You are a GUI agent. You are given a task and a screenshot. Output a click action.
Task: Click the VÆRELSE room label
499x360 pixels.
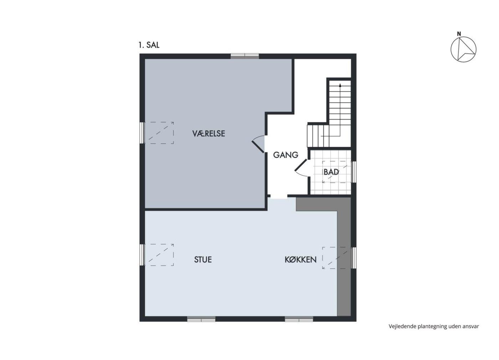pyautogui.click(x=209, y=133)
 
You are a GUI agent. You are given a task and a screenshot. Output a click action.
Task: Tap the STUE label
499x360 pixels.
pyautogui.click(x=203, y=259)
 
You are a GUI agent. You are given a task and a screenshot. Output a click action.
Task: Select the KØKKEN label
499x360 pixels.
pyautogui.click(x=300, y=259)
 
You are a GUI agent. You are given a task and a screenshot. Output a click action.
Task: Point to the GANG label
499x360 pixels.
pyautogui.click(x=285, y=155)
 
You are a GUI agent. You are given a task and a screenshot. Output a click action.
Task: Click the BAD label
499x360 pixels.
pyautogui.click(x=331, y=172)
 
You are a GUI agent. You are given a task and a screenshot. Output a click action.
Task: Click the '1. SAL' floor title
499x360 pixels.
pyautogui.click(x=149, y=45)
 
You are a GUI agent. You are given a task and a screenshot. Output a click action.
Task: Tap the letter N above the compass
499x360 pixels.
pyautogui.click(x=459, y=34)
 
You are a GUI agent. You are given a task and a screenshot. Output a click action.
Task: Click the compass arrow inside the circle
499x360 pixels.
pyautogui.click(x=464, y=50)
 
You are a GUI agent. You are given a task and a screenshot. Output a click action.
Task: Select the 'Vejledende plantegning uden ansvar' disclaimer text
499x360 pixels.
pyautogui.click(x=434, y=326)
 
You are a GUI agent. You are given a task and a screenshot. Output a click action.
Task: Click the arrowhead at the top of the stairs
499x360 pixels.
pyautogui.click(x=340, y=85)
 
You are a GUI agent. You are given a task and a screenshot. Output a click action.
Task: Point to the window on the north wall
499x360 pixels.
pyautogui.click(x=245, y=56)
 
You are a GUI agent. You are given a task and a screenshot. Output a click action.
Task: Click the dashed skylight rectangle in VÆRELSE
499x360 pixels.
pyautogui.click(x=159, y=133)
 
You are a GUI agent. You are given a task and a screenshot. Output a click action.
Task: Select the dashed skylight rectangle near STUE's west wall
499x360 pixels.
pyautogui.click(x=159, y=254)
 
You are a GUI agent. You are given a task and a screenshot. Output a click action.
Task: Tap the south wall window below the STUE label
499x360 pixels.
pyautogui.click(x=201, y=319)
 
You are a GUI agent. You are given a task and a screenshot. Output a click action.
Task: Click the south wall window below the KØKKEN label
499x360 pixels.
pyautogui.click(x=299, y=319)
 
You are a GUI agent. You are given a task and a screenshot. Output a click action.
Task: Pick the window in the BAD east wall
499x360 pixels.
pyautogui.click(x=354, y=172)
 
